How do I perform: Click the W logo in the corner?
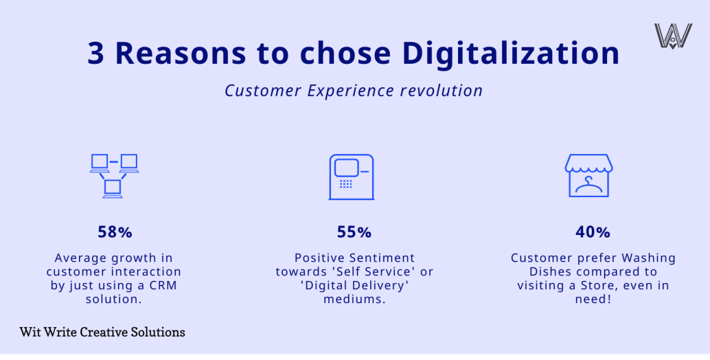pos(673,36)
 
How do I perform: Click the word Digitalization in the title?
pos(510,54)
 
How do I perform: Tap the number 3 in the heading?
pos(96,54)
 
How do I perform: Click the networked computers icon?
pos(114,176)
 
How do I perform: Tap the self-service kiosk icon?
pos(351,177)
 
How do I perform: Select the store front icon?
pos(588,176)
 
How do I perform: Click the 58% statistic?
pos(114,232)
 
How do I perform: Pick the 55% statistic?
pos(354,232)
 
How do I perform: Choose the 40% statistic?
pos(593,232)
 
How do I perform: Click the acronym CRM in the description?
pos(164,285)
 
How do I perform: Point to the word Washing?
pos(648,258)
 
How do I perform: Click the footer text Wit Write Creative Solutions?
pos(102,332)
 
